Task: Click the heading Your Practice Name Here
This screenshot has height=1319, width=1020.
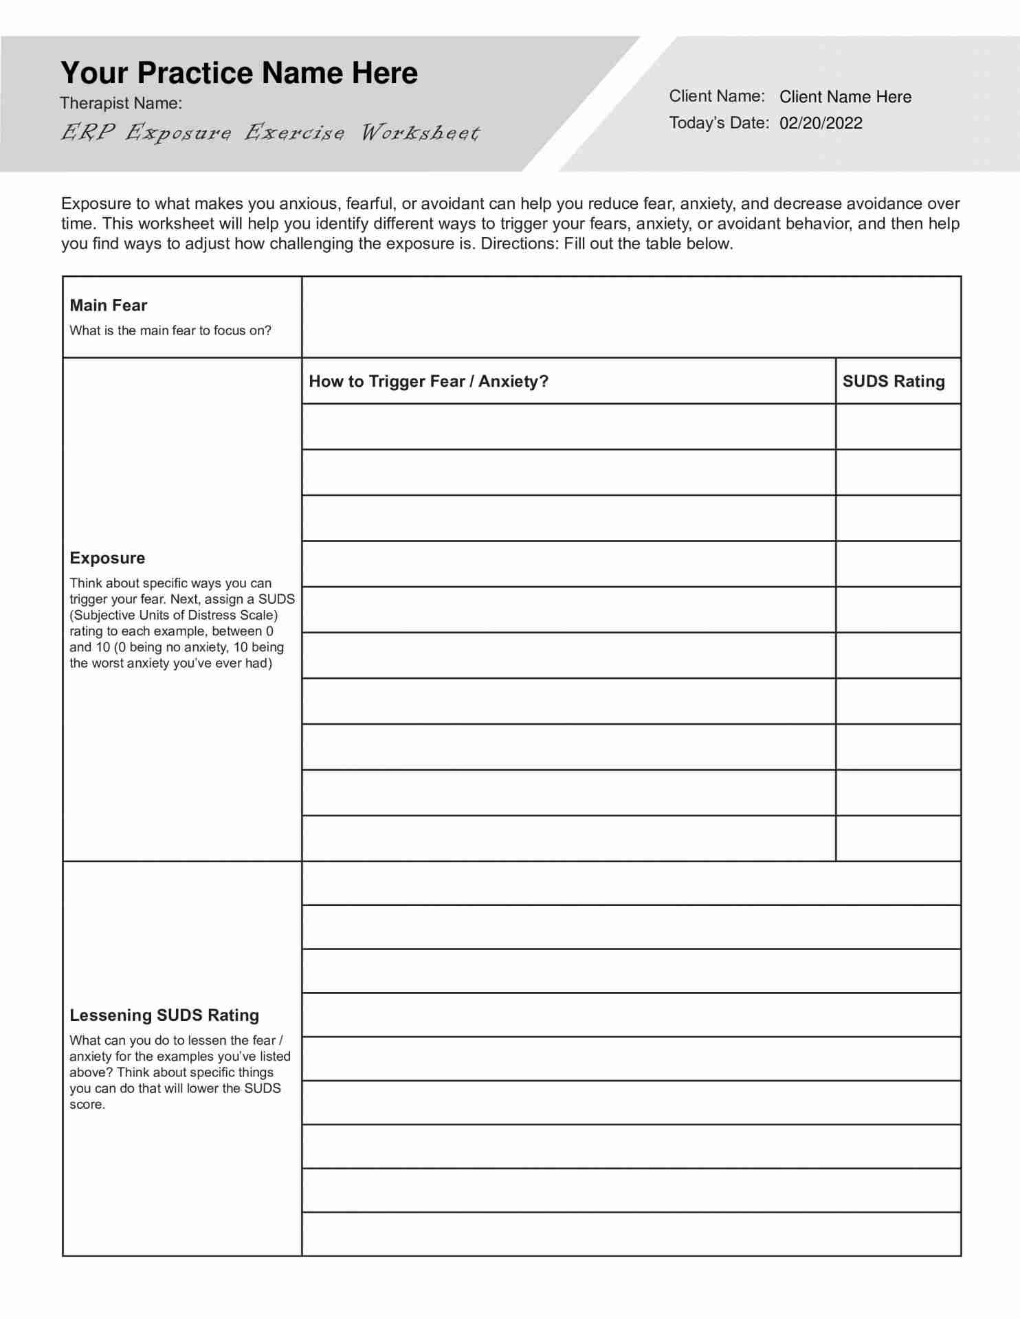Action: pos(239,73)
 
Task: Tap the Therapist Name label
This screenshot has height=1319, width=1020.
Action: pos(121,103)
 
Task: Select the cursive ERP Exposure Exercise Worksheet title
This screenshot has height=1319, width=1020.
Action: pos(270,132)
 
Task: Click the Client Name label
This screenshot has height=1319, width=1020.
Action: pos(717,96)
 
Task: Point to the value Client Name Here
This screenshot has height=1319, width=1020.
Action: pos(845,97)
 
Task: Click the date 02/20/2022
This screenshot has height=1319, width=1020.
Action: pos(821,123)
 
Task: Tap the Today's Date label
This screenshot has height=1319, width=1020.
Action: pos(719,123)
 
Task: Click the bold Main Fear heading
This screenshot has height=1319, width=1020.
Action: pos(109,305)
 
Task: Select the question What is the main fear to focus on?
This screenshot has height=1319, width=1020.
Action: pos(170,330)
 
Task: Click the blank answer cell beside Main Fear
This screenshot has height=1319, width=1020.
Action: pos(631,317)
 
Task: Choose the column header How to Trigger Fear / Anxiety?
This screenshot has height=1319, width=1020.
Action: pos(428,381)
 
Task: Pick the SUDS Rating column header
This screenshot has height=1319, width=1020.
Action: pos(894,381)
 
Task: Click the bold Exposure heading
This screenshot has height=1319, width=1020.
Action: pos(107,558)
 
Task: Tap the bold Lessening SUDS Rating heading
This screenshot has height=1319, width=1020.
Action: pos(164,1015)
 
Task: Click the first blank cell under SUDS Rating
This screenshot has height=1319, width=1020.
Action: pos(898,427)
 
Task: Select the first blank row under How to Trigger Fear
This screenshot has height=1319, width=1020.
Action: pos(568,427)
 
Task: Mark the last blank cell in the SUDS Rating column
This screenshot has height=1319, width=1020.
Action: pos(898,838)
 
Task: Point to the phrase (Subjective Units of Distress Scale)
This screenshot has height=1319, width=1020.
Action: pos(174,615)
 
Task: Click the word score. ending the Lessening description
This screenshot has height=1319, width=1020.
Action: pos(87,1105)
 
